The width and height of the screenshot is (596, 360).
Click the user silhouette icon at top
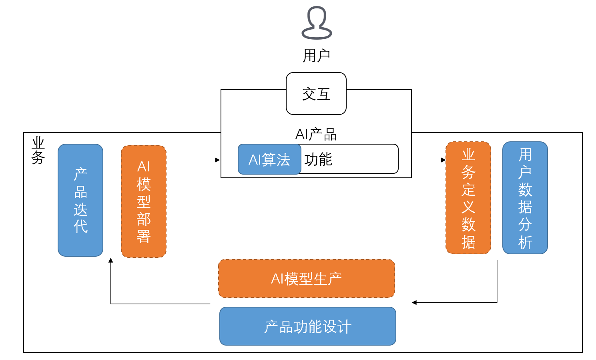(x=317, y=23)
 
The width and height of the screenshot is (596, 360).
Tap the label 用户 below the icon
(x=316, y=56)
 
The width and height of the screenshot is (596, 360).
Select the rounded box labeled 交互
(x=316, y=94)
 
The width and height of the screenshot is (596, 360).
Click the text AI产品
(x=316, y=134)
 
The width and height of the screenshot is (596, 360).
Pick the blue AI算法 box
(x=269, y=159)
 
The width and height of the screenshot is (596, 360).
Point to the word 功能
(x=318, y=159)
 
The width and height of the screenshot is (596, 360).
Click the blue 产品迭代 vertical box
(x=80, y=200)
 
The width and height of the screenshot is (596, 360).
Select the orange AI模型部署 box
(x=144, y=201)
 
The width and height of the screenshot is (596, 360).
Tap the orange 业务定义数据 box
(x=468, y=198)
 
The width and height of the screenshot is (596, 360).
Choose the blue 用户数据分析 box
(x=525, y=198)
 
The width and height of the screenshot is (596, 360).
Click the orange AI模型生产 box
(x=307, y=279)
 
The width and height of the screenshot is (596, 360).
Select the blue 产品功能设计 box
(x=308, y=326)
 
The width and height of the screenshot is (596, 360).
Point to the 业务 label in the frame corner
(x=38, y=150)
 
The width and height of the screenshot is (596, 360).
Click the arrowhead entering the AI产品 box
(x=218, y=160)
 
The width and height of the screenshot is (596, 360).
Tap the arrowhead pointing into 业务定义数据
(x=443, y=160)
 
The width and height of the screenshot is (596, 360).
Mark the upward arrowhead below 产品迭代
(x=111, y=260)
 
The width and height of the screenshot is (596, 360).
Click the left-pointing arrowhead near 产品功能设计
(x=414, y=303)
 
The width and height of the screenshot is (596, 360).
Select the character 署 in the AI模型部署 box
(x=144, y=237)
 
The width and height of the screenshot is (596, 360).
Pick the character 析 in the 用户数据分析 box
(x=525, y=242)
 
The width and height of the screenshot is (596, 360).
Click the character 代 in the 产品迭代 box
(x=80, y=227)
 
